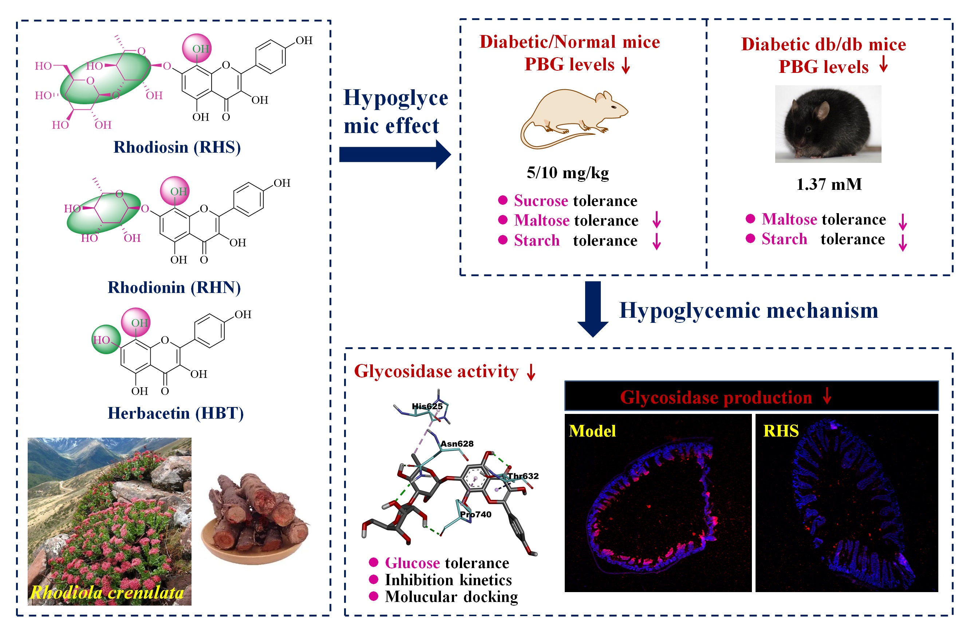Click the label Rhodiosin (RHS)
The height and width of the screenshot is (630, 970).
tap(177, 147)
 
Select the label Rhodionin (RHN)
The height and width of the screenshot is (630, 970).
tap(174, 287)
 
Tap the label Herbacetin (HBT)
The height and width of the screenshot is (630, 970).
tap(176, 413)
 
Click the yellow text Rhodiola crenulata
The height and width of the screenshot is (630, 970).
tap(107, 592)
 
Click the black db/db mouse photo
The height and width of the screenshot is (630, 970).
tap(828, 124)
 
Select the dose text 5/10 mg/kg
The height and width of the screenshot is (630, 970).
tap(568, 172)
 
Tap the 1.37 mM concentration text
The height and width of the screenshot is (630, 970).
tap(829, 184)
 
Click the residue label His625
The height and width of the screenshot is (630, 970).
tap(427, 406)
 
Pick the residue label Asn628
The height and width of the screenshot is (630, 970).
tap(457, 444)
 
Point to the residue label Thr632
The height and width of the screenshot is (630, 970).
tap(523, 476)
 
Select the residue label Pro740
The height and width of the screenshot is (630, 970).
tap(476, 514)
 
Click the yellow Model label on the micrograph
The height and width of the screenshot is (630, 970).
tap(592, 431)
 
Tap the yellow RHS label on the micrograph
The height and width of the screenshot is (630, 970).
tap(781, 431)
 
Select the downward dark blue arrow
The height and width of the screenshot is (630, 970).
tap(593, 308)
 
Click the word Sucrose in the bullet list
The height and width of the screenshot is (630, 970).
tap(541, 201)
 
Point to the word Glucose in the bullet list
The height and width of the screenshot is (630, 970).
tap(418, 563)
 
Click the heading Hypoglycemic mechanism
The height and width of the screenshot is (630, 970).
tap(749, 310)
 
